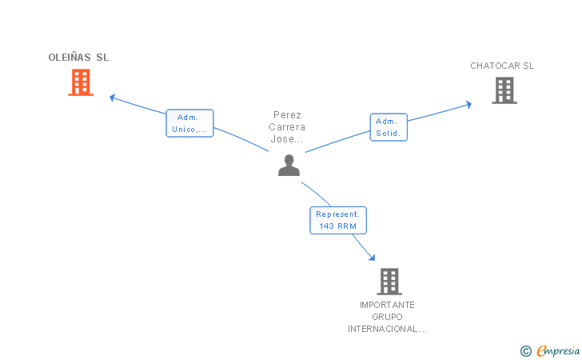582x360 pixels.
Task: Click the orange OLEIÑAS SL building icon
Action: pyautogui.click(x=81, y=82)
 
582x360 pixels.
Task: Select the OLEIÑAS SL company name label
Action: pyautogui.click(x=78, y=58)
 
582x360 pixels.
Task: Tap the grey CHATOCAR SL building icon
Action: pyautogui.click(x=504, y=90)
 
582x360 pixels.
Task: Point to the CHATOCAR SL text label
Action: pyautogui.click(x=502, y=66)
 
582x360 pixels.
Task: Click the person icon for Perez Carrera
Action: pyautogui.click(x=289, y=165)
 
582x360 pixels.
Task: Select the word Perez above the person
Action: pyautogui.click(x=288, y=115)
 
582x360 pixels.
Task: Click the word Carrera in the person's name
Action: pyautogui.click(x=288, y=127)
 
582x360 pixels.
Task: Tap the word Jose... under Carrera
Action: pyautogui.click(x=288, y=139)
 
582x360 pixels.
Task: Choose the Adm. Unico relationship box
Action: pyautogui.click(x=189, y=123)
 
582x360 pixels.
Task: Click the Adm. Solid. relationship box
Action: pyautogui.click(x=389, y=127)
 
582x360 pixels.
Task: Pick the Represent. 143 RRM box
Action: pyautogui.click(x=338, y=220)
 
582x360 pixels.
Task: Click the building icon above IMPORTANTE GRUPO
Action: pyautogui.click(x=389, y=282)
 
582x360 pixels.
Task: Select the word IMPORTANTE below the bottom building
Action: pyautogui.click(x=387, y=305)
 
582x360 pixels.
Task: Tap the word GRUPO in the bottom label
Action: pyautogui.click(x=387, y=317)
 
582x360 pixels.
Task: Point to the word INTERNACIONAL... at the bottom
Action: pyautogui.click(x=387, y=329)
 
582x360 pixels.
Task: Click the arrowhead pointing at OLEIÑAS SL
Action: pyautogui.click(x=113, y=98)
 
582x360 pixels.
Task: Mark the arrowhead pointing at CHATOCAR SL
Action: pyautogui.click(x=468, y=104)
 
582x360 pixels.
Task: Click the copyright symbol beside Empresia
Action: pyautogui.click(x=526, y=350)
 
